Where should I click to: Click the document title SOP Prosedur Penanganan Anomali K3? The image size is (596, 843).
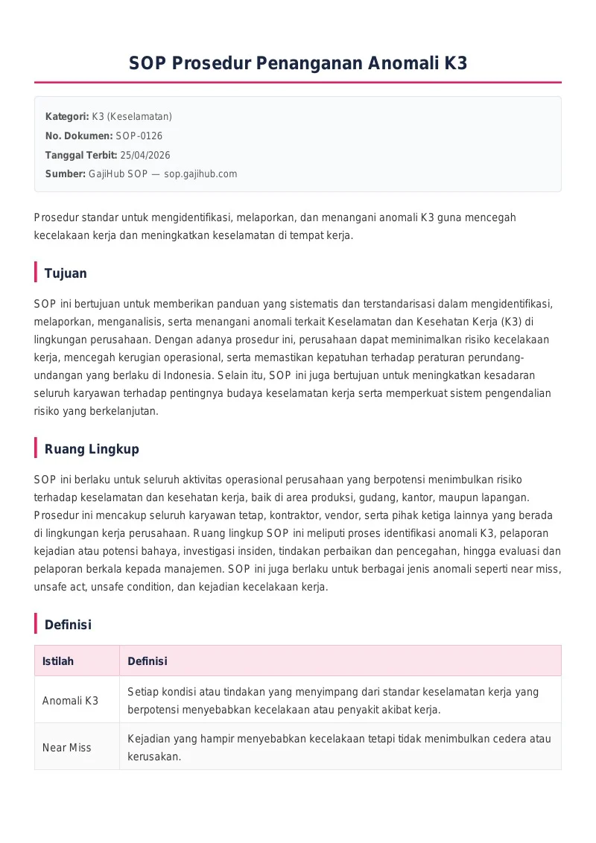298,63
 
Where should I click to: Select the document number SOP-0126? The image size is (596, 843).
139,136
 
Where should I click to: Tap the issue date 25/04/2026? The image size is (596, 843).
145,155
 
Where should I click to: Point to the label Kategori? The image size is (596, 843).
67,117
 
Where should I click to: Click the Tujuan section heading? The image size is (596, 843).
66,273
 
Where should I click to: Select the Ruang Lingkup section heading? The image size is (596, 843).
92,449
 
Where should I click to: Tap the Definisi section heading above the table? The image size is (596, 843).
68,625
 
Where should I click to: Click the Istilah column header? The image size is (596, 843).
58,661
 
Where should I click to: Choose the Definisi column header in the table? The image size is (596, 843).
148,661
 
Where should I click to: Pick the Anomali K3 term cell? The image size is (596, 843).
70,701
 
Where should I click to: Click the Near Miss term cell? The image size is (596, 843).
67,748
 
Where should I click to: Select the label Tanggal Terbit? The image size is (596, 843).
81,155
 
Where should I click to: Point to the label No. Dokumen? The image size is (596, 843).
79,136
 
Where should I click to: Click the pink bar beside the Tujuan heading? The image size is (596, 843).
36,273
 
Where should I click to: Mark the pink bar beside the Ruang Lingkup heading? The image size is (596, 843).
36,448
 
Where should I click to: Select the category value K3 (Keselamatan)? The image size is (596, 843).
132,117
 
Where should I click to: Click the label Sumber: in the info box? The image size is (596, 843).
66,174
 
